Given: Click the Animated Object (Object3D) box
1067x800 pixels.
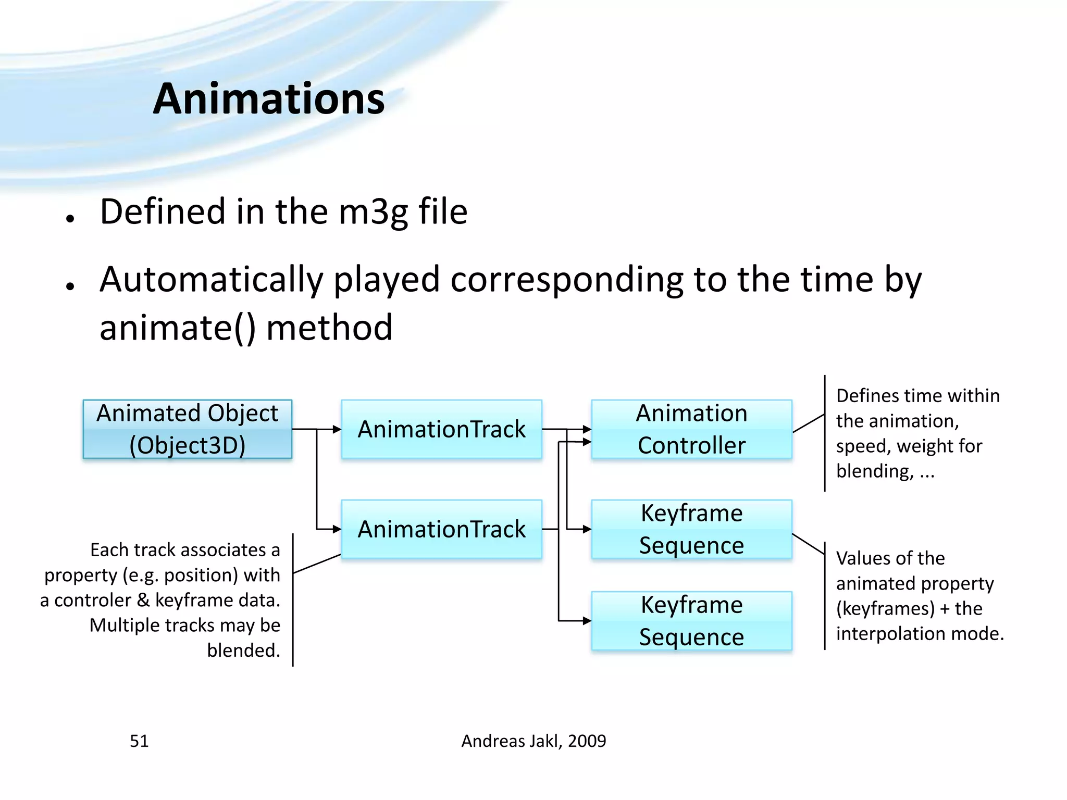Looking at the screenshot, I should [187, 429].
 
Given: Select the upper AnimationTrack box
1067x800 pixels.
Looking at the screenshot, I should [441, 429].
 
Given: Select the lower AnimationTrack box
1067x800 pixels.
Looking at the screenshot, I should [441, 529].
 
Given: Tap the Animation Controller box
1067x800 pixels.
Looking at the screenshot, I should [691, 429].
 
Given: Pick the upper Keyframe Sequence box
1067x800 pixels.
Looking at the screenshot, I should [691, 529].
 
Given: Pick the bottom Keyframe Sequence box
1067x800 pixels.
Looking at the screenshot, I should [691, 621].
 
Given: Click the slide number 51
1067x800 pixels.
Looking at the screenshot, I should [139, 741].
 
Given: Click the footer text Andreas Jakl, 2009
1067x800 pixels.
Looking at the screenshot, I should [533, 741].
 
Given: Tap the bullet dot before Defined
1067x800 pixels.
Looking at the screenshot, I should [70, 218].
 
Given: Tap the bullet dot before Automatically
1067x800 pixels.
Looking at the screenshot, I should [70, 286].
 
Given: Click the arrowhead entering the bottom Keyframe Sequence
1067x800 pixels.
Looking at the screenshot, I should [587, 621].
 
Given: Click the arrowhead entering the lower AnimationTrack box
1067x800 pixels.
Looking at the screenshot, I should [337, 529].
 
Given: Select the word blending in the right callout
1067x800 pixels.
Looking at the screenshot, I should [874, 471].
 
